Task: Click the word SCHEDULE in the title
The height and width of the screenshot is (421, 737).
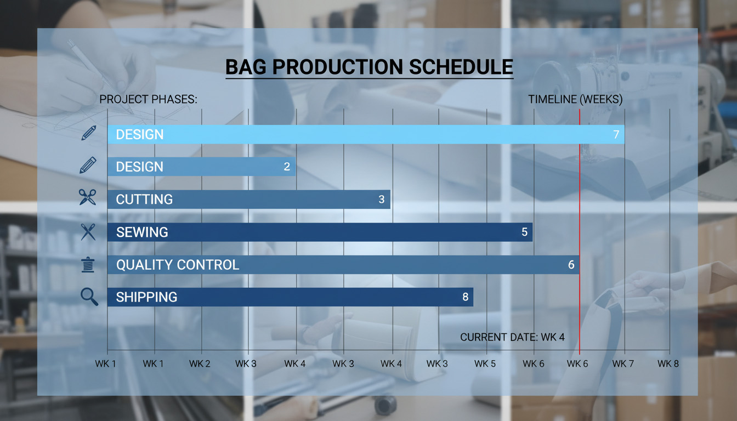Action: click(x=461, y=67)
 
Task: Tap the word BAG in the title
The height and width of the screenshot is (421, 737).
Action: click(x=246, y=67)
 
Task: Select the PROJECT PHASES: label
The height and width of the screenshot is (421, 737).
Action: click(x=149, y=99)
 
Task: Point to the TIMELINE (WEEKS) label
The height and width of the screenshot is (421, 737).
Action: click(x=575, y=99)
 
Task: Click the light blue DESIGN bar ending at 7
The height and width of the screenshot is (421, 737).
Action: click(x=366, y=134)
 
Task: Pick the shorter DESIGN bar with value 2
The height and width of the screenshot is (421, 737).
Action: click(x=201, y=167)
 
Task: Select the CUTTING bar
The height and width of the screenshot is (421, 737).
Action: click(x=249, y=200)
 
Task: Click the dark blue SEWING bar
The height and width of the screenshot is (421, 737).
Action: click(x=320, y=232)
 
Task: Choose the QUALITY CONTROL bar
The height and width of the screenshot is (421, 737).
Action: click(x=343, y=265)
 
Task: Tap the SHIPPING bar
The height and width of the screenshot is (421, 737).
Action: click(x=290, y=297)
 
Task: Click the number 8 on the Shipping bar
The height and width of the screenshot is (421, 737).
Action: click(x=465, y=297)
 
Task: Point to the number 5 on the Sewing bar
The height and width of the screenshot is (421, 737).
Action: click(x=524, y=232)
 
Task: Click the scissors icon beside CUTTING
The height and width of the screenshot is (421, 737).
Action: click(x=88, y=197)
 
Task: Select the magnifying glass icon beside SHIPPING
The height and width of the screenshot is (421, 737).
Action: click(x=89, y=297)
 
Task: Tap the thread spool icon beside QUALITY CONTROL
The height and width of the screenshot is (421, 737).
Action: click(x=88, y=265)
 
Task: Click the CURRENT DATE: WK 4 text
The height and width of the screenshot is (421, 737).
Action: click(x=512, y=337)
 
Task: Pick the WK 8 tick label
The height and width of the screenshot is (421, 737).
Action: click(x=668, y=364)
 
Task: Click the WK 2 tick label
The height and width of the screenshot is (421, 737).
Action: click(x=200, y=364)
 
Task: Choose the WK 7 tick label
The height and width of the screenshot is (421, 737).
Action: click(x=623, y=364)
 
